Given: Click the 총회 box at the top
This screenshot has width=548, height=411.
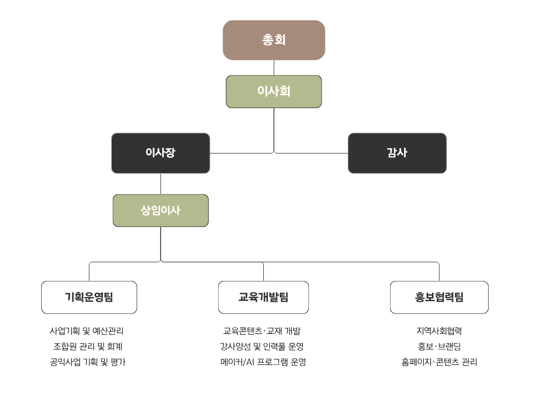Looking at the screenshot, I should click(273, 40).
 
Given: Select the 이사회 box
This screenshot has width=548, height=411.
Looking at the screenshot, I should click(273, 92).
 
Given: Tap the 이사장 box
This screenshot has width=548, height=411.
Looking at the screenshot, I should click(161, 153).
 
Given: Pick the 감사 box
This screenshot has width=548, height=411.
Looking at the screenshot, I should click(397, 153).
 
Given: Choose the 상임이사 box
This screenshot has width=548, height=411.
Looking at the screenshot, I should click(161, 210).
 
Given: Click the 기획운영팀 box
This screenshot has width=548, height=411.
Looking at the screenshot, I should click(89, 297).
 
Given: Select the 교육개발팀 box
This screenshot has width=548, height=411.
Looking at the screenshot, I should click(263, 297).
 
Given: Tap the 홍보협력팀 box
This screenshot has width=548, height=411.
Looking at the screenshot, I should click(439, 297).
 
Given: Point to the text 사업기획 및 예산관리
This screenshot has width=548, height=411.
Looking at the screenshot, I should click(87, 331).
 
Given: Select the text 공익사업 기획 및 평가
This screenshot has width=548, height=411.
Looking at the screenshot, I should click(88, 362).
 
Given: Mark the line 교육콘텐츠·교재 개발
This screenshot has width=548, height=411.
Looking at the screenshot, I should click(262, 331).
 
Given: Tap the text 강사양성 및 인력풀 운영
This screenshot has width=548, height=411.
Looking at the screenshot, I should click(262, 347).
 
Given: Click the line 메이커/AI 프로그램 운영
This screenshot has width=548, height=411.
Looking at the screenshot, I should click(263, 362).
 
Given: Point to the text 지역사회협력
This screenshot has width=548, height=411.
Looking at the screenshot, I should click(439, 331).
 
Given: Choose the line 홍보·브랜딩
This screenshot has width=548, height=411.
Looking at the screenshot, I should click(439, 347).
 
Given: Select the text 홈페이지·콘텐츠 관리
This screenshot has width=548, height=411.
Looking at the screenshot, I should click(439, 362).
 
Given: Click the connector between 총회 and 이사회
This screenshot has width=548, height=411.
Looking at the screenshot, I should click(274, 67).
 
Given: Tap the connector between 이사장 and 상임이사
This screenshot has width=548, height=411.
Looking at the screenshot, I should click(161, 184).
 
